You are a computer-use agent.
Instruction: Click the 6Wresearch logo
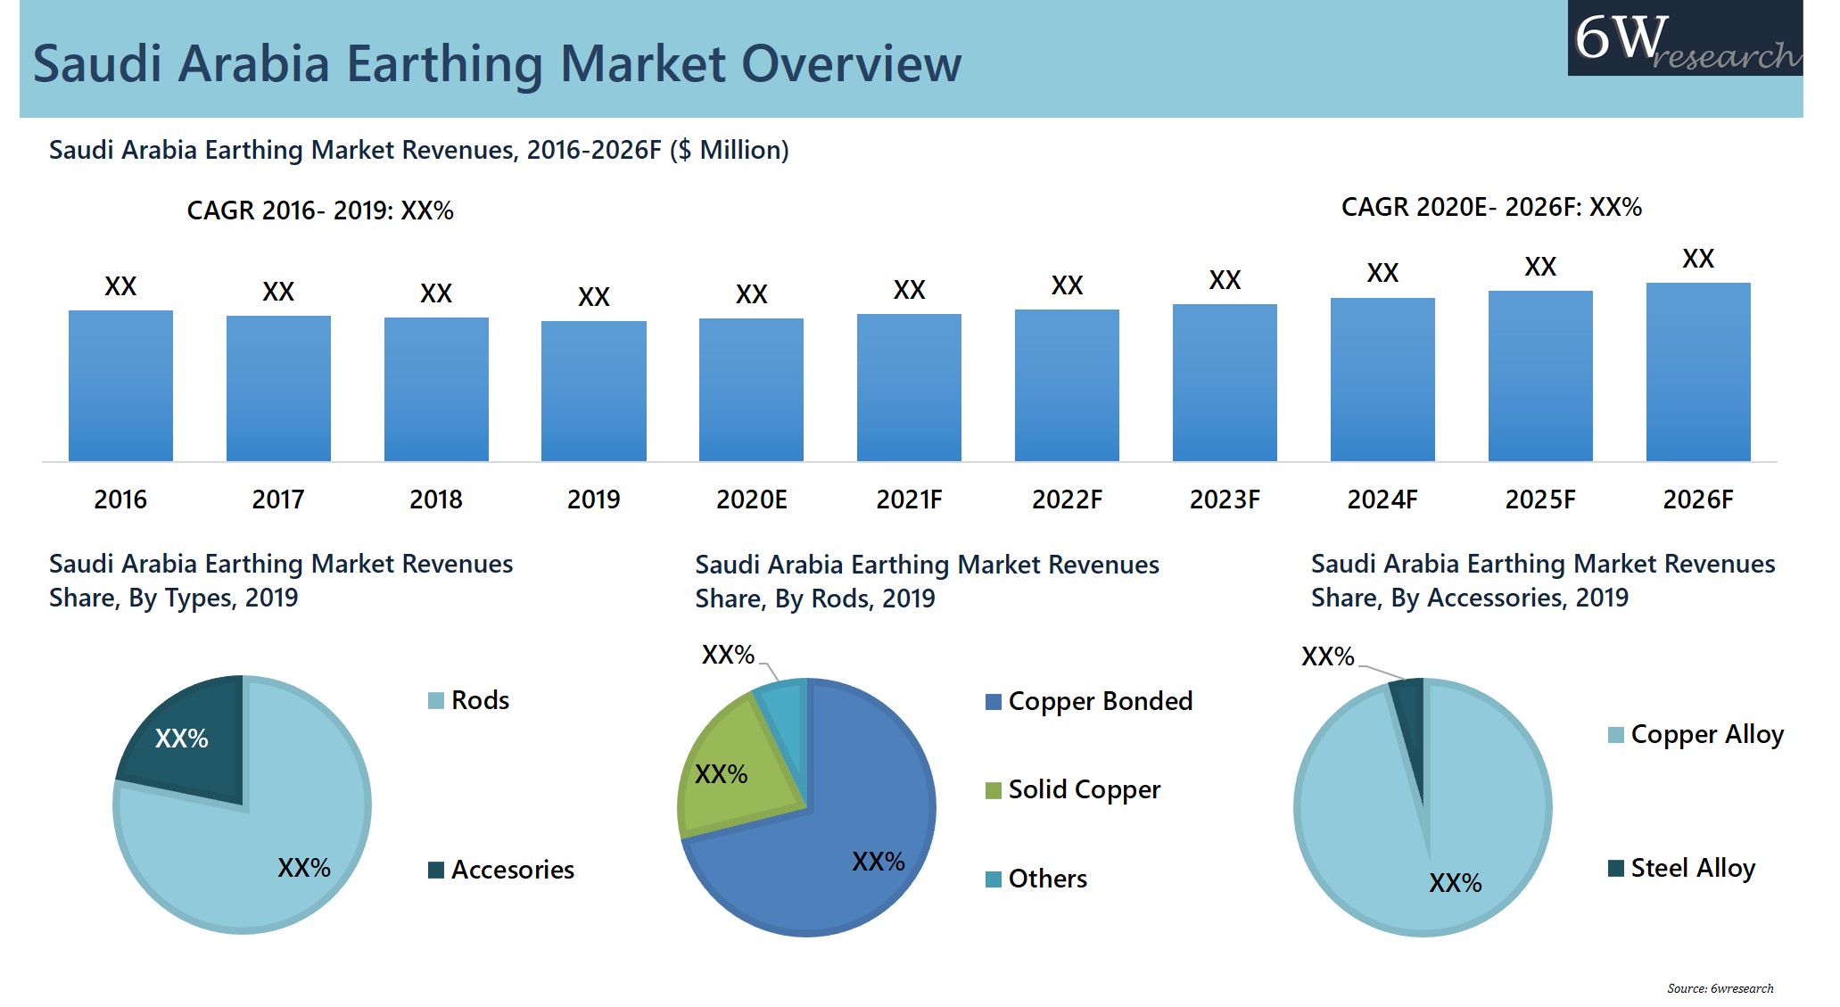tap(1684, 38)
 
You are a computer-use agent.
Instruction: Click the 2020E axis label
tap(751, 499)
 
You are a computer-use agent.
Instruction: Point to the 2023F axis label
tap(1224, 499)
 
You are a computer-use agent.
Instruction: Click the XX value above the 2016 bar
tap(120, 286)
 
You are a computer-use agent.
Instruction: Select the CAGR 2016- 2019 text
tap(319, 210)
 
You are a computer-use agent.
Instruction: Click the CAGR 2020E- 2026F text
tap(1490, 207)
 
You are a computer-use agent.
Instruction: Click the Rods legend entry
tap(469, 700)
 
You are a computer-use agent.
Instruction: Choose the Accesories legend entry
tap(501, 870)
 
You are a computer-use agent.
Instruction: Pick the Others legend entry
tap(1036, 879)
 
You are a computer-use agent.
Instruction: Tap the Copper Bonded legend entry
tap(1089, 701)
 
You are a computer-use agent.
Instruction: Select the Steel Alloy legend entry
tap(1682, 868)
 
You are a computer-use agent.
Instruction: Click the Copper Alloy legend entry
tap(1696, 735)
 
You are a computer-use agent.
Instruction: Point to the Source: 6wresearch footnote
tap(1720, 988)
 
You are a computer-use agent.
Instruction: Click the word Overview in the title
tap(852, 64)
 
